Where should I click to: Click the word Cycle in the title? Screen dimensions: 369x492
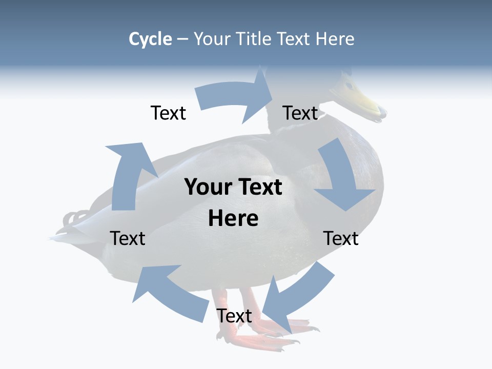pos(150,39)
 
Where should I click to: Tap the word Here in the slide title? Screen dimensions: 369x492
pos(336,39)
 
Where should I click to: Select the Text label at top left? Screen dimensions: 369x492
pos(168,113)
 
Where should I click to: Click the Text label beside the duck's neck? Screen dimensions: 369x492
pos(300,113)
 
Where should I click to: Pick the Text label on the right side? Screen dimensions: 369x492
pos(341,238)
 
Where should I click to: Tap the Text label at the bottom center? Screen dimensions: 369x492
pos(234,316)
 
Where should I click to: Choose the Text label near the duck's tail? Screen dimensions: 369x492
pos(128,238)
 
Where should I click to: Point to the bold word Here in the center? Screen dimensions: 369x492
pos(233,218)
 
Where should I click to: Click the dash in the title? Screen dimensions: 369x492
pos(182,39)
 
